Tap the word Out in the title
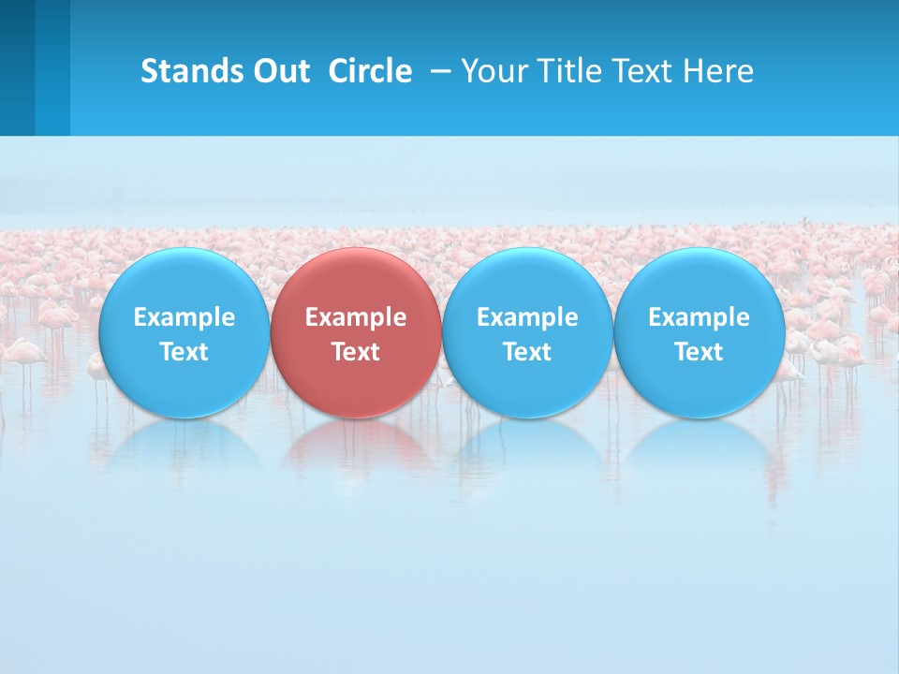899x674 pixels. (278, 71)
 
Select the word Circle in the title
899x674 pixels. (370, 71)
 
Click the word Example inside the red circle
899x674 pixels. (356, 317)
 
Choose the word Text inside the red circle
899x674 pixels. (356, 352)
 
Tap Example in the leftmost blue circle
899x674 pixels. (184, 317)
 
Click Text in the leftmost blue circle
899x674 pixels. (184, 352)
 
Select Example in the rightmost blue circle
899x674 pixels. (700, 317)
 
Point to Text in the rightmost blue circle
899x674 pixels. (700, 352)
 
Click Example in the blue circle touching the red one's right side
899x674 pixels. (527, 317)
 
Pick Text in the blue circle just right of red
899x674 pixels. (527, 352)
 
